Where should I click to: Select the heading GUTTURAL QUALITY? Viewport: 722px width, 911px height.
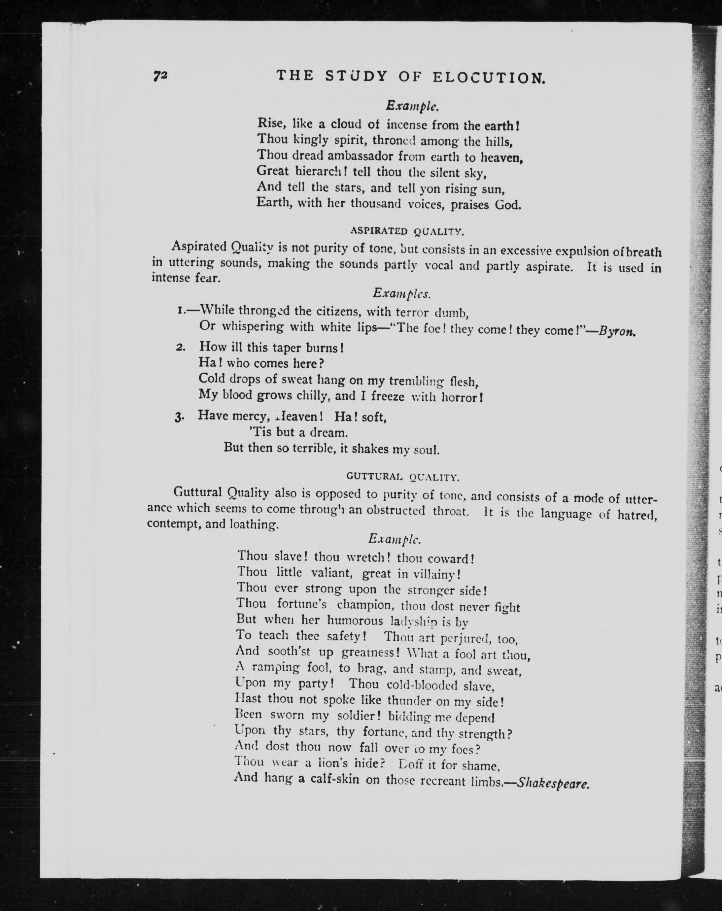(x=402, y=477)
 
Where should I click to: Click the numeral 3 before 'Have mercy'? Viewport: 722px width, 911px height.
(x=179, y=417)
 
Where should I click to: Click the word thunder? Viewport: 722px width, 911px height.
(x=408, y=701)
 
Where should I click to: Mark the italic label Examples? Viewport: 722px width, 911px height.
(x=401, y=293)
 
